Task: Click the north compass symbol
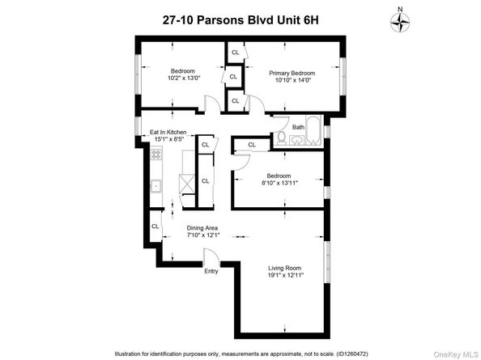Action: pyautogui.click(x=400, y=23)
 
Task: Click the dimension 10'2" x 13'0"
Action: pyautogui.click(x=185, y=78)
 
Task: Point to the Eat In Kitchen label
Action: pyautogui.click(x=168, y=132)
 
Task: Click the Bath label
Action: pyautogui.click(x=298, y=127)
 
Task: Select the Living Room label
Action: pyautogui.click(x=285, y=269)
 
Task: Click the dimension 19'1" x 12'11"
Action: pyautogui.click(x=285, y=276)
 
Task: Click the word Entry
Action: pyautogui.click(x=211, y=271)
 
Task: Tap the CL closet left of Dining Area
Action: pyautogui.click(x=155, y=227)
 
